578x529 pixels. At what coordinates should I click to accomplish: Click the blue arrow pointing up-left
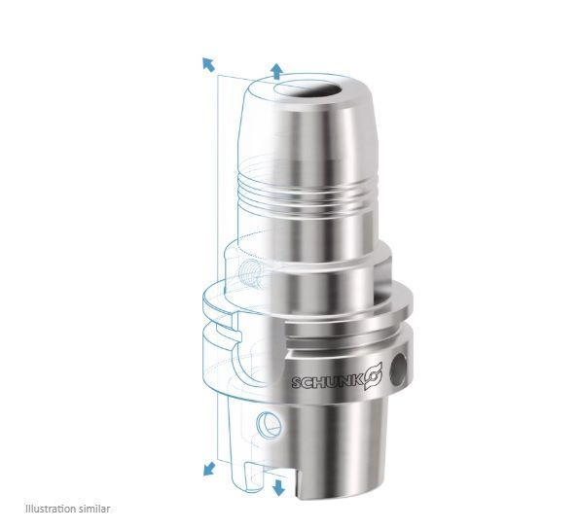point(208,64)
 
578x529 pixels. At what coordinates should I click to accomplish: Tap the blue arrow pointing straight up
point(276,71)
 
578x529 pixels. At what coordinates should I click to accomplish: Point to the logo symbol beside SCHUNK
point(374,375)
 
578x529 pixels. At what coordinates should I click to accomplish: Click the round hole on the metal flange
point(398,369)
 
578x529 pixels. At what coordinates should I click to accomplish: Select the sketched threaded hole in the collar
point(250,273)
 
